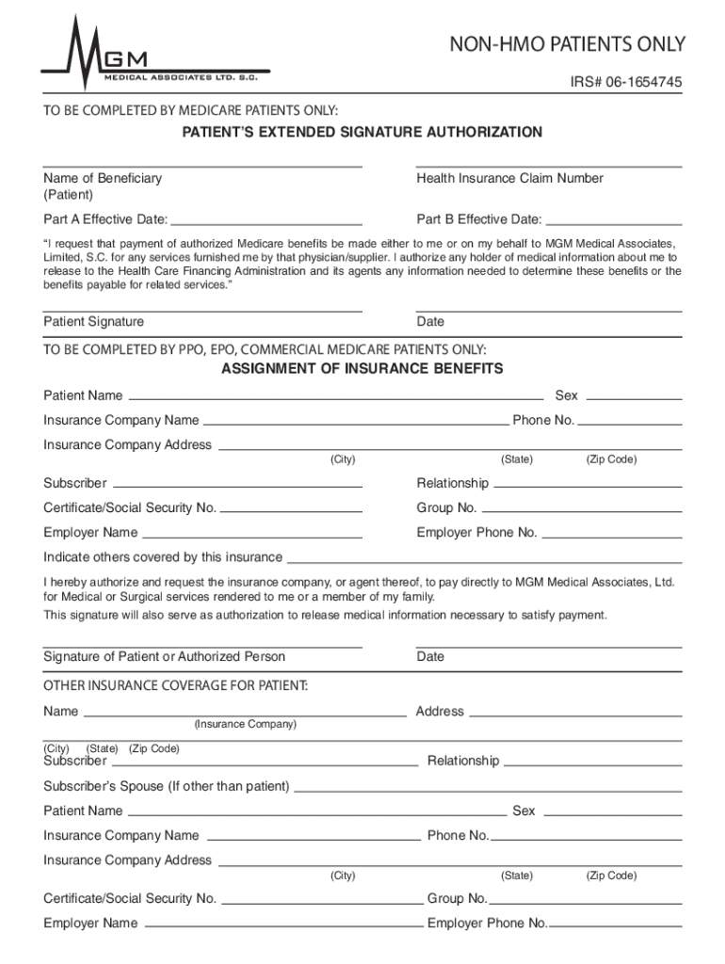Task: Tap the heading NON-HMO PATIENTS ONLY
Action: click(x=567, y=44)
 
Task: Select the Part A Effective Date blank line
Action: click(x=266, y=226)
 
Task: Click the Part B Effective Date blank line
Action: click(x=613, y=226)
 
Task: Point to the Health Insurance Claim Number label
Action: click(x=509, y=178)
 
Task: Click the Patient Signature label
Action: click(x=93, y=321)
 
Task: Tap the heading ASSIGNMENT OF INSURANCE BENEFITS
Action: click(x=362, y=368)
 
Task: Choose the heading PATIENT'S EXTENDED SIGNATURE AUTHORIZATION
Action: click(x=362, y=132)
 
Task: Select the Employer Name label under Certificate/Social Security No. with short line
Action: click(x=90, y=532)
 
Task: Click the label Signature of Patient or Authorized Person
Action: click(x=164, y=656)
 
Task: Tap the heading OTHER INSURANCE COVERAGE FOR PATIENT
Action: click(x=175, y=684)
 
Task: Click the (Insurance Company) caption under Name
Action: click(x=245, y=724)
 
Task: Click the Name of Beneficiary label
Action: click(x=103, y=178)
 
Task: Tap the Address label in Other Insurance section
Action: click(x=440, y=711)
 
